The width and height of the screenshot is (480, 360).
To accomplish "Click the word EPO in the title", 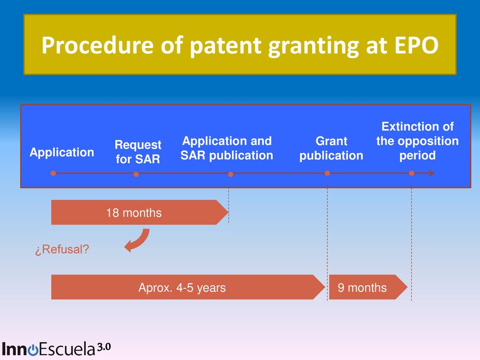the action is click(416, 45).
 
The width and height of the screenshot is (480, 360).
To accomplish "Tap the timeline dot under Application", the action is click(53, 173).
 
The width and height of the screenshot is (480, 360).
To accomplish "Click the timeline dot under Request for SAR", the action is click(136, 174).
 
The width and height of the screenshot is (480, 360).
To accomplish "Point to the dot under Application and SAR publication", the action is click(231, 174).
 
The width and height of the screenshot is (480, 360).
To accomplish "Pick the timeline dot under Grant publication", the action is click(327, 173).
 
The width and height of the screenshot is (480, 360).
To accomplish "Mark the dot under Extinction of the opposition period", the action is click(412, 173).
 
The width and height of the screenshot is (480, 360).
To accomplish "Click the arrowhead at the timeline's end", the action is click(431, 173).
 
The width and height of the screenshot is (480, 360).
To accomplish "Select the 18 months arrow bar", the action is click(140, 212).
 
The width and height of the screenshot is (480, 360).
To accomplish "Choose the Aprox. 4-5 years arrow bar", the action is click(188, 287).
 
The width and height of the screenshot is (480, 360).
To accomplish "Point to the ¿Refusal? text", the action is click(62, 249).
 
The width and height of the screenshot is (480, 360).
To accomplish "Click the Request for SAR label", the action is click(138, 152).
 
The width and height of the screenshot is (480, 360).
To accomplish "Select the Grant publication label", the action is click(331, 148).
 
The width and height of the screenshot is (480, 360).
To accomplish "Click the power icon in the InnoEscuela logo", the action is click(33, 350).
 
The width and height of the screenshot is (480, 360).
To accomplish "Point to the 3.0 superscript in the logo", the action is click(104, 347).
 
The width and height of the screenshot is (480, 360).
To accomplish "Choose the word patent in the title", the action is click(225, 46).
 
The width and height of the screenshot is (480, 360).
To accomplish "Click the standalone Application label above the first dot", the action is click(62, 152).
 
